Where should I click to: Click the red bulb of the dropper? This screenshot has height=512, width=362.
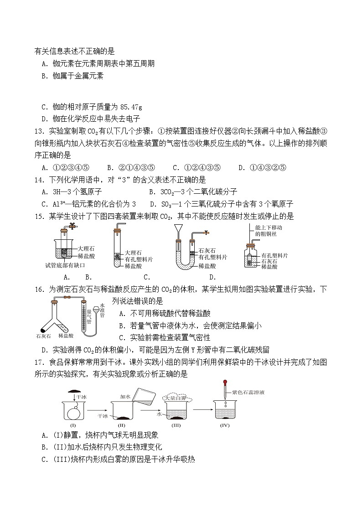pyautogui.click(x=225, y=383)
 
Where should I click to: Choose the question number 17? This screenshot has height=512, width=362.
pyautogui.click(x=39, y=362)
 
